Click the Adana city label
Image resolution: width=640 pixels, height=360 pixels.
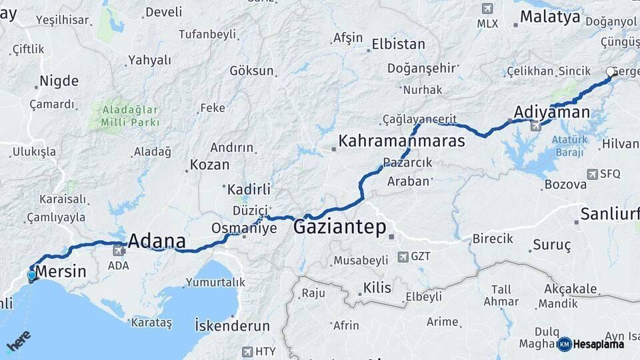(x=157, y=241)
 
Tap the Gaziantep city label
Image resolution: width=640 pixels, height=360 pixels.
(x=339, y=228)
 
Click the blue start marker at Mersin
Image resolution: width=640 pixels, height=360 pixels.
(x=31, y=275)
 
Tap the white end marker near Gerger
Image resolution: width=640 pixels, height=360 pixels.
(x=610, y=72)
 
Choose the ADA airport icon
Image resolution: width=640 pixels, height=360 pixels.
(x=118, y=251)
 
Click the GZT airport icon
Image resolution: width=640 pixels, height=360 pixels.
(x=402, y=256)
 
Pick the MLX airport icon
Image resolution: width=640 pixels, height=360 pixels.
(x=487, y=9)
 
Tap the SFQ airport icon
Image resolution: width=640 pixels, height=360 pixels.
(x=592, y=174)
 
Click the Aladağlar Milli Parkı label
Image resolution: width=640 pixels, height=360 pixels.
(x=130, y=115)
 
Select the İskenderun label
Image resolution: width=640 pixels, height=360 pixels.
(x=232, y=326)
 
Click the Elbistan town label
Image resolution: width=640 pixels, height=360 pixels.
(x=398, y=45)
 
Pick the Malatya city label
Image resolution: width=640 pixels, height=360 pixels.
(x=550, y=17)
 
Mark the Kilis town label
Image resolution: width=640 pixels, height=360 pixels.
(x=377, y=288)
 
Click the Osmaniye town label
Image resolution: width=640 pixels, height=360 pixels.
(x=243, y=227)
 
